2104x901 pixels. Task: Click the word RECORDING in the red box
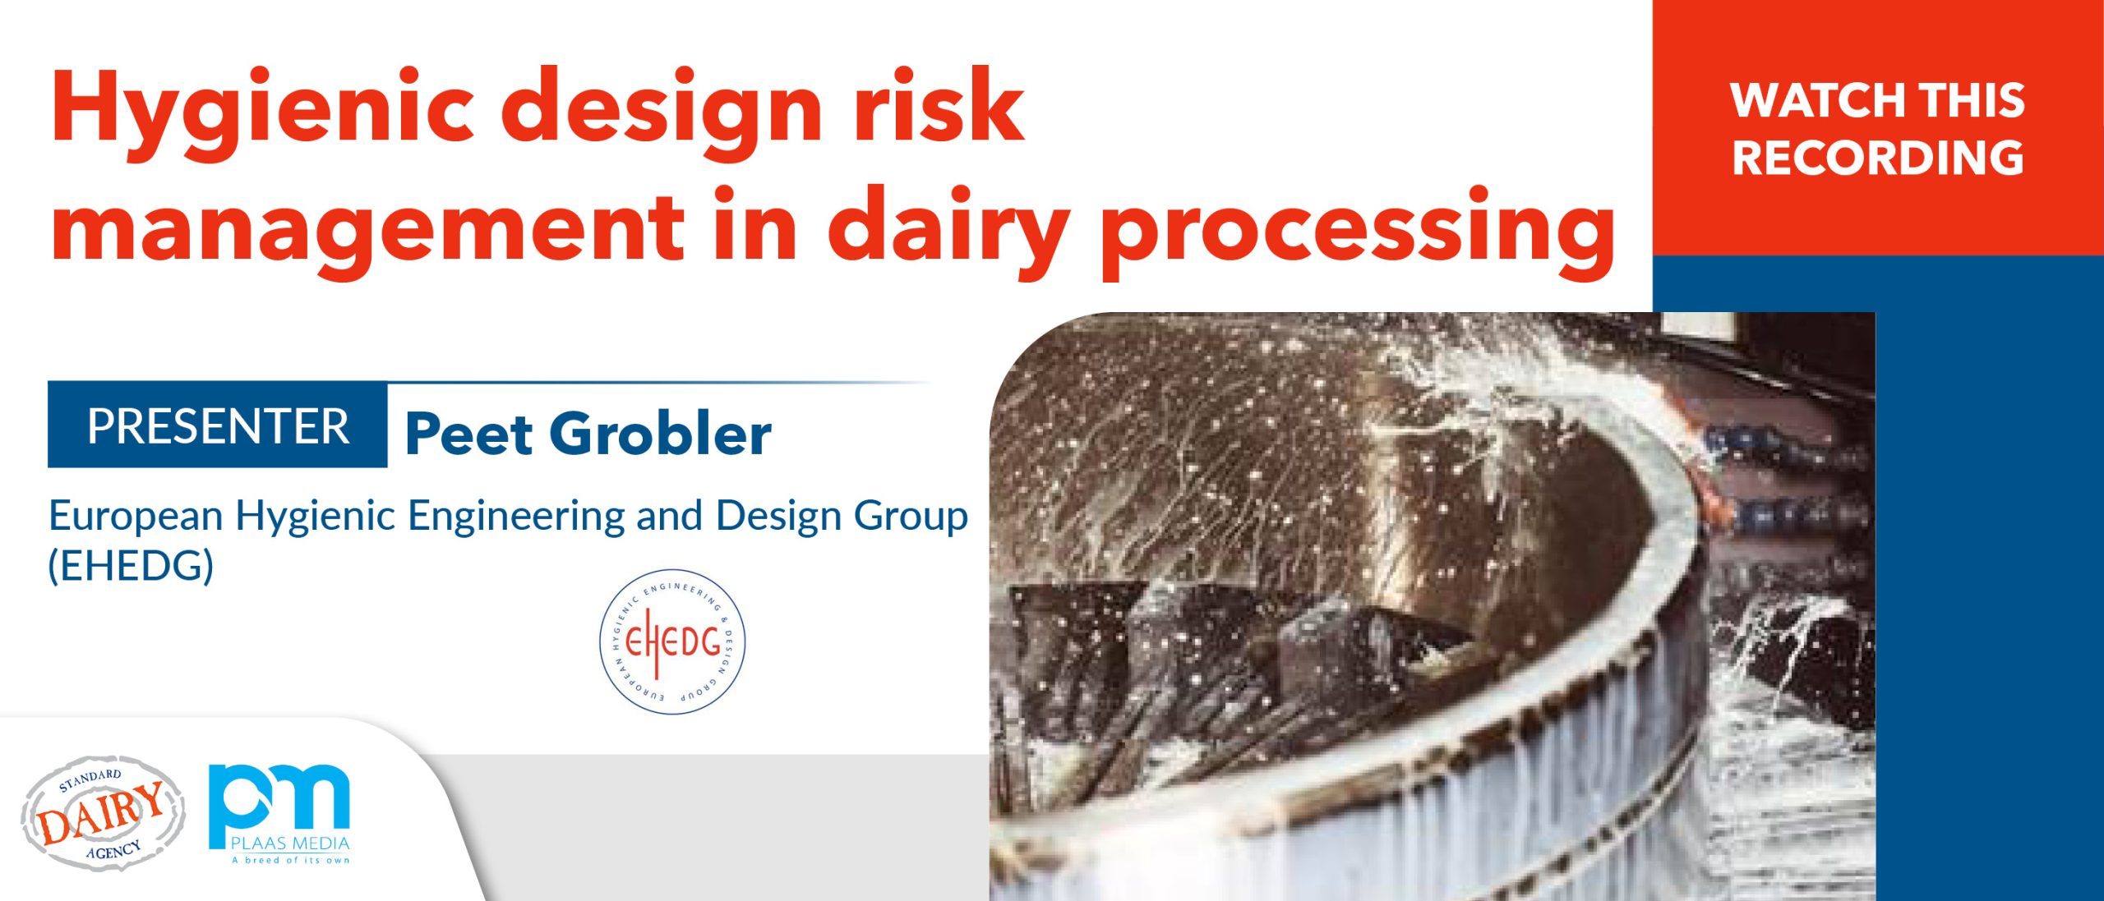pos(1878,158)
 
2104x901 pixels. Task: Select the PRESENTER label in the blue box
pos(219,425)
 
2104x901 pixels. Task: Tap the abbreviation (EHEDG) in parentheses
pos(131,565)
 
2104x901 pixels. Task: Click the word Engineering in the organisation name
pos(516,517)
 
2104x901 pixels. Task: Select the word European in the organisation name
pos(136,517)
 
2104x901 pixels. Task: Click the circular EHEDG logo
pos(672,641)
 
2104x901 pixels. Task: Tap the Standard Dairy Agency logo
pos(103,813)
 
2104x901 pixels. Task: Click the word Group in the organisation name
pos(911,517)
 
